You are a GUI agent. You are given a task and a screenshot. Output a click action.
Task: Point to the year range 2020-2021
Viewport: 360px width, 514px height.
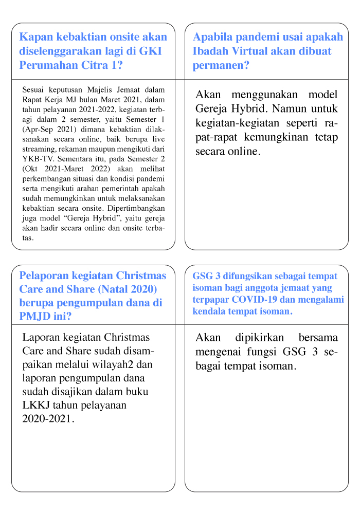click(48, 418)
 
